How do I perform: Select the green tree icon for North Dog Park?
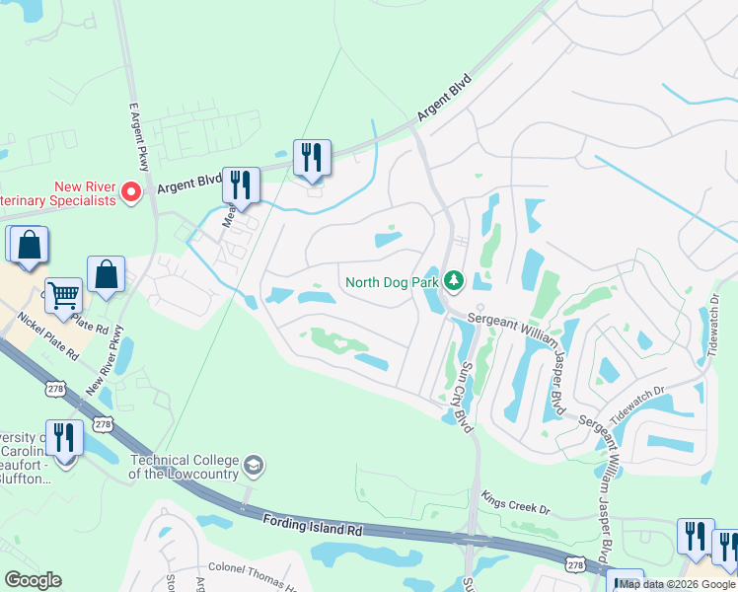pyautogui.click(x=454, y=282)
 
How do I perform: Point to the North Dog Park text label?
pyautogui.click(x=391, y=283)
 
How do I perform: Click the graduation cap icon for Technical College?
pyautogui.click(x=255, y=465)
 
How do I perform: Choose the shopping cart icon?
pyautogui.click(x=63, y=294)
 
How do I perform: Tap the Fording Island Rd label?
pyautogui.click(x=314, y=526)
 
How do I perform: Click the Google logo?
pyautogui.click(x=33, y=580)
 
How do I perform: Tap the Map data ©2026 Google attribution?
pyautogui.click(x=676, y=584)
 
